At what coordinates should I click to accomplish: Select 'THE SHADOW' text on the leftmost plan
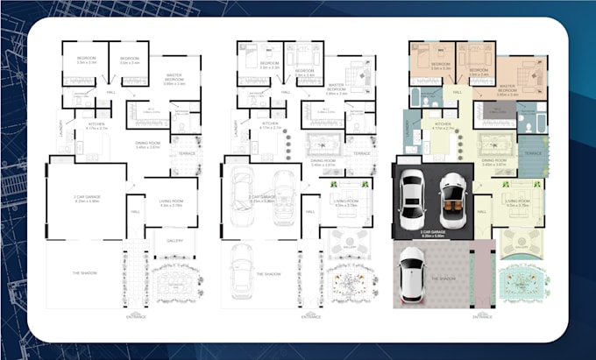point(84,273)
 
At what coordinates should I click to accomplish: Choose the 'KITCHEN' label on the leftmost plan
point(96,125)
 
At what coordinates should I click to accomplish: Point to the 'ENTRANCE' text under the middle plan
point(310,317)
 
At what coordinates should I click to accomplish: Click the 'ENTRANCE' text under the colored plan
point(482,317)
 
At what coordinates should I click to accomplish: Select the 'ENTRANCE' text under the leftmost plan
point(137,317)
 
